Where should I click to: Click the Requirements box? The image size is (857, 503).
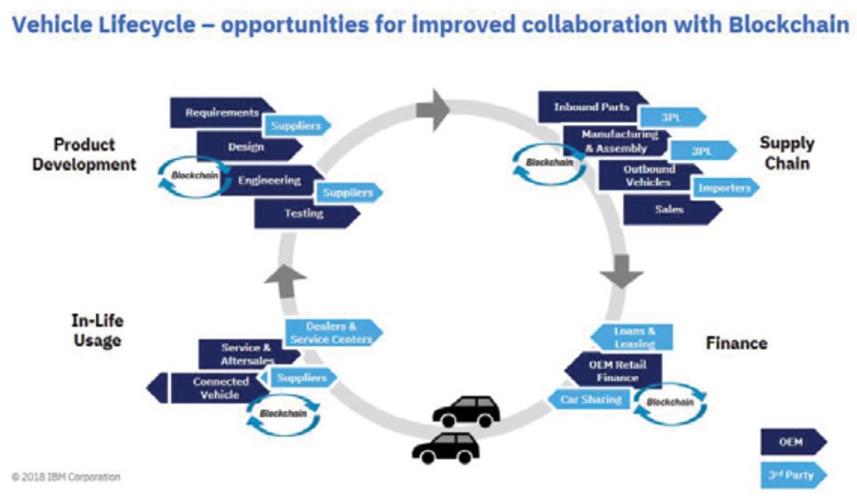(222, 113)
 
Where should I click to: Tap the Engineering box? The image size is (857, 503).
(269, 180)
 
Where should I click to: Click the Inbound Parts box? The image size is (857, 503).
(591, 107)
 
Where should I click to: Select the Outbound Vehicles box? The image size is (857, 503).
(648, 175)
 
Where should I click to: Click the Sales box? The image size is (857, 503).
(670, 210)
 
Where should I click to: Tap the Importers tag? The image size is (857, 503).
(723, 187)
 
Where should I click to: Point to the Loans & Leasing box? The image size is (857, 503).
(633, 337)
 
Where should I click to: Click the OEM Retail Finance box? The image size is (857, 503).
(612, 371)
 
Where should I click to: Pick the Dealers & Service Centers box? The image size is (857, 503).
(331, 333)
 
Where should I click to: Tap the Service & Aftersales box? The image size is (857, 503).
(246, 354)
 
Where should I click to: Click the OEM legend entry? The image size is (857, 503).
(791, 441)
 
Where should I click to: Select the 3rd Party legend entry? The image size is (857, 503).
(791, 475)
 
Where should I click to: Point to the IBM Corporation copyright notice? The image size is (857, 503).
(66, 477)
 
